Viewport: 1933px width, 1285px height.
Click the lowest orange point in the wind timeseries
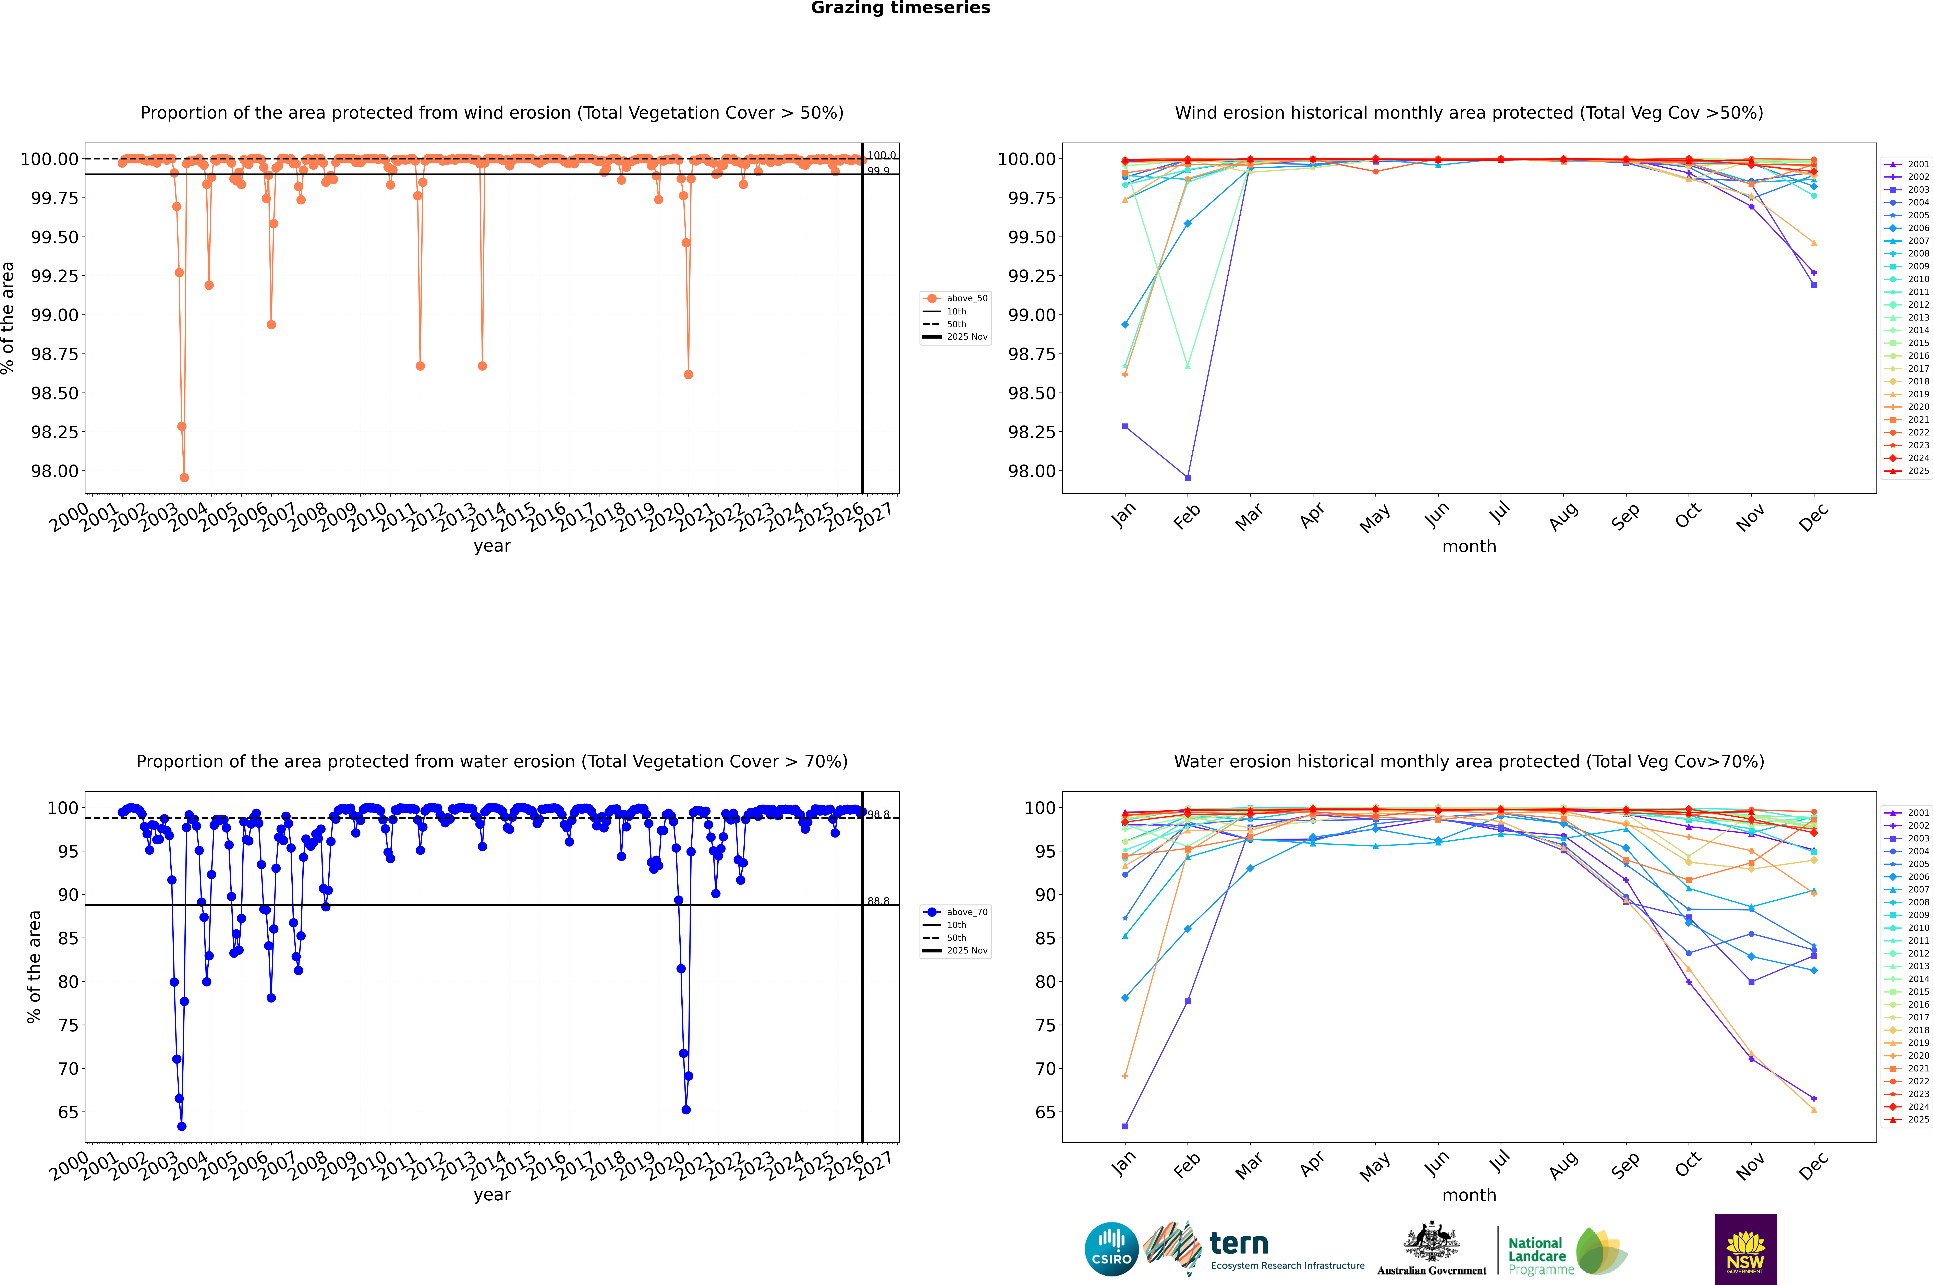184,478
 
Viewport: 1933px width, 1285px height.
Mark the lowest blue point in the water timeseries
182,1127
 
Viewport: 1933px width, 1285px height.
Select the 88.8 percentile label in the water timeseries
878,901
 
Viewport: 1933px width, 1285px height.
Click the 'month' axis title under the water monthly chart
1468,1196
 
